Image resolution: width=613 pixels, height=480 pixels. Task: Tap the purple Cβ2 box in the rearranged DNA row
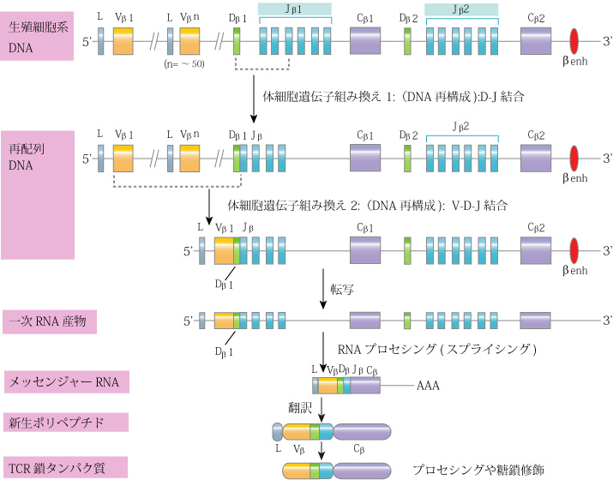point(537,159)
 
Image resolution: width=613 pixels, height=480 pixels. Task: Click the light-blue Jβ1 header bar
point(295,9)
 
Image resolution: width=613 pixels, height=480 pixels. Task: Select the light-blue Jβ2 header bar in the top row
point(461,9)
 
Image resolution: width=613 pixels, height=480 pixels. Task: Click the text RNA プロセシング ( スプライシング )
point(437,349)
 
